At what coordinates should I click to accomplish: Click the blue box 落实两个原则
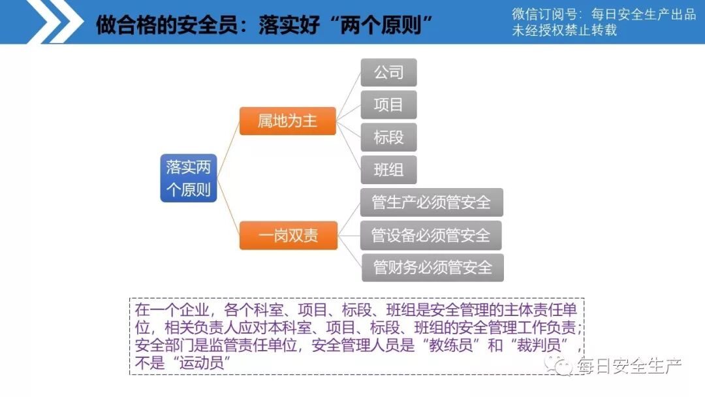click(x=189, y=178)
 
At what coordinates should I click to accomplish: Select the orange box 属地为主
click(x=287, y=121)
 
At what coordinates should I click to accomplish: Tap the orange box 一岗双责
click(x=288, y=235)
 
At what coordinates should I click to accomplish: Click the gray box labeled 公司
click(x=388, y=72)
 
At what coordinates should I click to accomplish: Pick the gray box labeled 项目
click(x=388, y=104)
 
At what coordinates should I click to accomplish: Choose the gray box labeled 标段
click(x=388, y=137)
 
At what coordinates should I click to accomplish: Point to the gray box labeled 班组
click(x=388, y=170)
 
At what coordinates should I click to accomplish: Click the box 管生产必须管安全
click(x=431, y=202)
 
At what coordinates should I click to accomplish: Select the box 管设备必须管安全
click(x=431, y=235)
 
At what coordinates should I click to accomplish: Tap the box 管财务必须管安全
click(x=433, y=268)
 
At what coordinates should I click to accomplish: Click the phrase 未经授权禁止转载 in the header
click(x=564, y=31)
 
